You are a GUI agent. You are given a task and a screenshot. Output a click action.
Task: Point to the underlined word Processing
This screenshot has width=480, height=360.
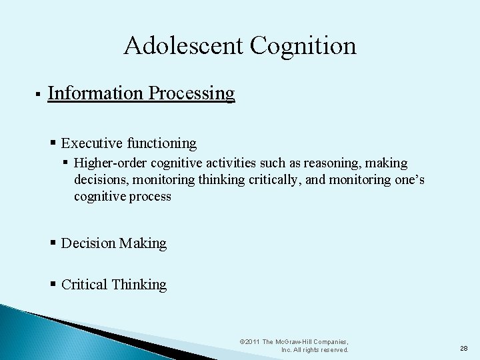(x=192, y=93)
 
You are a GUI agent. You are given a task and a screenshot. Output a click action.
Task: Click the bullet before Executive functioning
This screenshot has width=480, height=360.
(x=53, y=143)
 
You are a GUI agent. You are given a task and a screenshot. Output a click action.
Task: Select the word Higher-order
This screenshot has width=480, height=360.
(x=111, y=163)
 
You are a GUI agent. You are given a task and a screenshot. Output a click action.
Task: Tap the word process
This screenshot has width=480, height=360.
(x=152, y=197)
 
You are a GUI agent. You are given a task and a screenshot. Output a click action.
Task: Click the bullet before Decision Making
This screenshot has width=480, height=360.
(x=53, y=243)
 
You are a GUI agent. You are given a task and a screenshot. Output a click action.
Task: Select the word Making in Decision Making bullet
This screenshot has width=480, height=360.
(x=143, y=243)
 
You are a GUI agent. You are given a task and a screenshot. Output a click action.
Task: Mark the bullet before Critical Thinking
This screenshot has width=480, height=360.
(x=53, y=285)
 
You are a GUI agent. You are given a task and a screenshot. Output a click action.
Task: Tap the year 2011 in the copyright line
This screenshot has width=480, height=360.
(x=252, y=341)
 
